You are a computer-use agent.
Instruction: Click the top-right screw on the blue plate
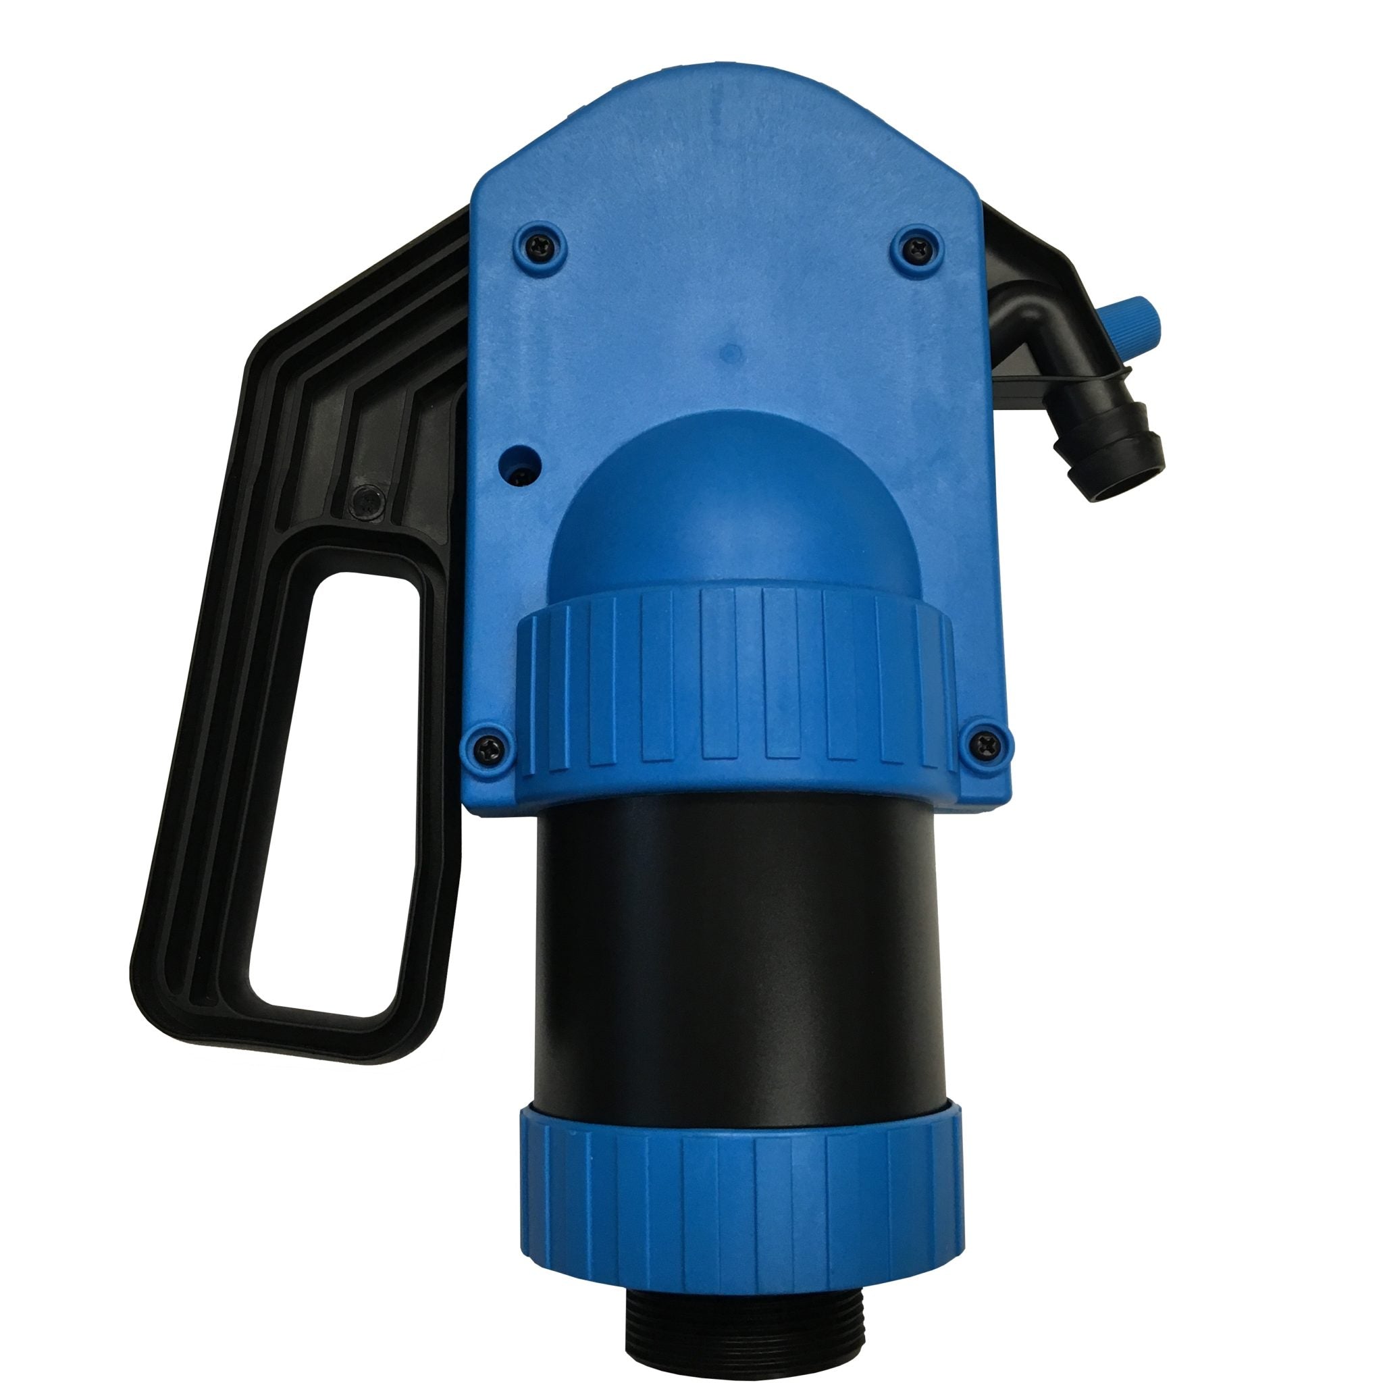pyautogui.click(x=914, y=246)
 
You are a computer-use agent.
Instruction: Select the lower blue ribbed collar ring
pyautogui.click(x=737, y=1145)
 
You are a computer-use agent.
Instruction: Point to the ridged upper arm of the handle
pyautogui.click(x=358, y=344)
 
